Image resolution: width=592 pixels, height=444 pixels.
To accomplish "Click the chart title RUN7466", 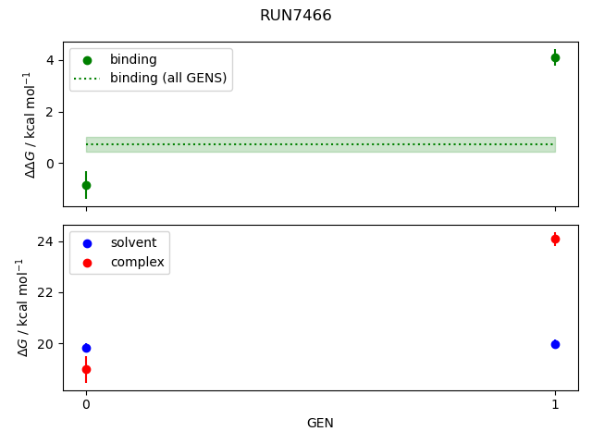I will (x=296, y=16).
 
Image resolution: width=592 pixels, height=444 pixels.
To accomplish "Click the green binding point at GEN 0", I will (x=86, y=185).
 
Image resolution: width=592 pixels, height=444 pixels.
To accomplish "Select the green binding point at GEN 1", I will (x=555, y=57).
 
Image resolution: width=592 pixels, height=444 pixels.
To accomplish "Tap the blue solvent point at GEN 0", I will (x=86, y=349).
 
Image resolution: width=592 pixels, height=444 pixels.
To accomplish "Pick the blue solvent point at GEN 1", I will (x=555, y=344).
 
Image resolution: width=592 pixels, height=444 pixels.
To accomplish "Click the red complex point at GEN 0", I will (x=86, y=369).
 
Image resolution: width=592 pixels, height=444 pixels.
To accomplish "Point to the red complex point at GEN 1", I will (x=555, y=239).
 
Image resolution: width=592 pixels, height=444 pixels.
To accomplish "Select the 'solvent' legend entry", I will (x=133, y=242).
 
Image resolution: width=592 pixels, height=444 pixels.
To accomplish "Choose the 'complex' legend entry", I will (x=137, y=262).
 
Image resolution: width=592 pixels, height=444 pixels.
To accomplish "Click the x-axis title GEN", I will (x=320, y=424).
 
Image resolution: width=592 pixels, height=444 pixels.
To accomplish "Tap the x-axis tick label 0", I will (x=86, y=404).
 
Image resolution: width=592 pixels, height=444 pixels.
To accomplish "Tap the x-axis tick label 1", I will (x=555, y=404).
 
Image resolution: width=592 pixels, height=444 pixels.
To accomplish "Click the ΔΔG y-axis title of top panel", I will (x=31, y=124).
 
